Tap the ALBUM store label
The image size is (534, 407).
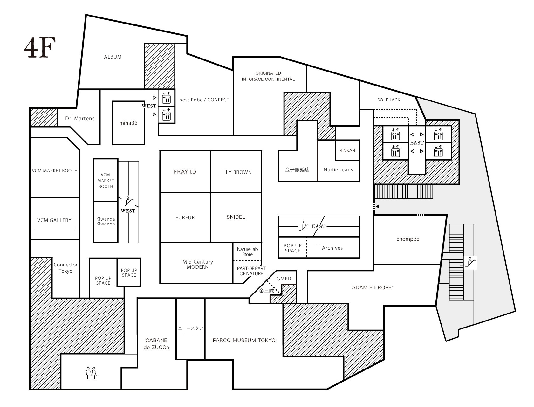click(x=113, y=57)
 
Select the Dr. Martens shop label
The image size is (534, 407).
click(x=80, y=119)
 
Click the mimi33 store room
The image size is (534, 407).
click(x=128, y=123)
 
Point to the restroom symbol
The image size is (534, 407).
click(x=91, y=373)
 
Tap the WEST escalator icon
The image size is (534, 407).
click(x=128, y=201)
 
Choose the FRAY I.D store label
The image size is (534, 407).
click(x=185, y=172)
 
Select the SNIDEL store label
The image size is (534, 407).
click(x=236, y=217)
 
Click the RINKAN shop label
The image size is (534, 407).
click(x=347, y=150)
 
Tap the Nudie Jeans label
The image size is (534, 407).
click(x=338, y=170)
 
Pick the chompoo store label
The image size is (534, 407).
click(x=408, y=239)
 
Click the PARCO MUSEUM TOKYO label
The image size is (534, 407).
click(x=244, y=340)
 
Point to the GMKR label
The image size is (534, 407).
click(x=284, y=279)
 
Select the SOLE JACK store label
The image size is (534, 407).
click(x=388, y=100)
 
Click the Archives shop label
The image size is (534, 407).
click(x=332, y=248)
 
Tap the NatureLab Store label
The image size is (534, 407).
click(x=247, y=252)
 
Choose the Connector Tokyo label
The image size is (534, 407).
click(x=65, y=268)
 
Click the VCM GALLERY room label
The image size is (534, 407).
click(x=54, y=220)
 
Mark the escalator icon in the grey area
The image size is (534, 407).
click(x=470, y=262)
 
